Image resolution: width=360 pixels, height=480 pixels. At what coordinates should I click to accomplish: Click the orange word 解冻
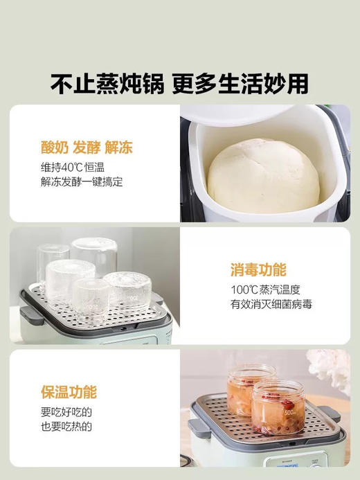pyautogui.click(x=119, y=148)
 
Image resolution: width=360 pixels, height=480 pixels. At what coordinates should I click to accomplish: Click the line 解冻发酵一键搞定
pyautogui.click(x=81, y=182)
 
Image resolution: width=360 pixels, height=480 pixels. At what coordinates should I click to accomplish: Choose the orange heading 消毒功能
pyautogui.click(x=258, y=269)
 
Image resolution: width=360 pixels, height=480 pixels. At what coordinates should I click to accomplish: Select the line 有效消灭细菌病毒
pyautogui.click(x=271, y=304)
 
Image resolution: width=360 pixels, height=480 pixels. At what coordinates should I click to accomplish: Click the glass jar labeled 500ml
pyautogui.click(x=278, y=406)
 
